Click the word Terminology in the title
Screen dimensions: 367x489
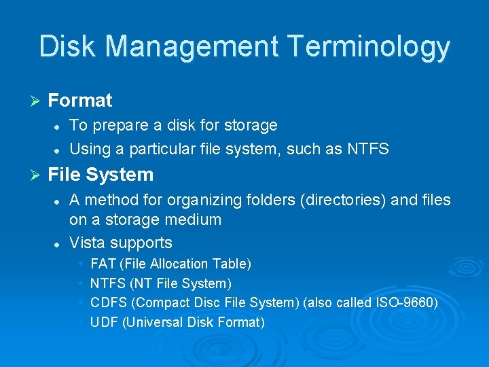369,47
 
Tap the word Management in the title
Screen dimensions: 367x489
191,47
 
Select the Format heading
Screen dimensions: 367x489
80,101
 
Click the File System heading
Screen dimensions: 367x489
101,175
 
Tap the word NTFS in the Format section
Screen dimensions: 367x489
367,149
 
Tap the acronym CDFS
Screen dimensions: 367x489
107,302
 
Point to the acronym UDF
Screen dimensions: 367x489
104,322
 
